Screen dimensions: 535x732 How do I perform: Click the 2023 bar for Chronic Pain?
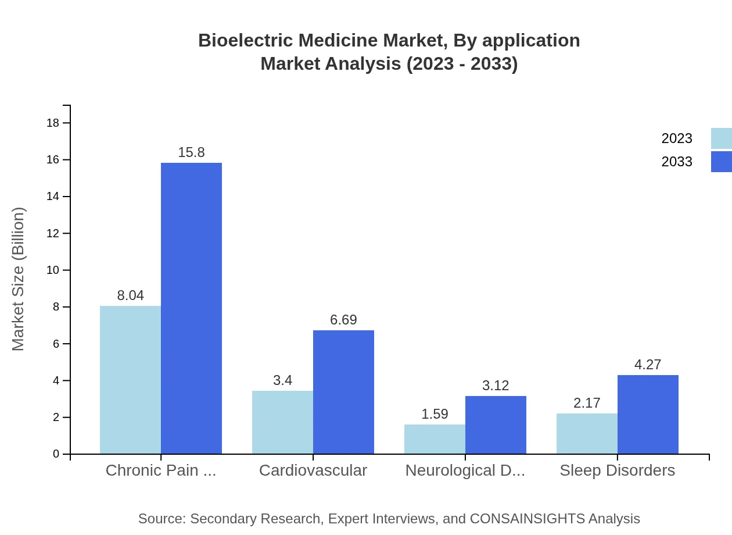(x=130, y=380)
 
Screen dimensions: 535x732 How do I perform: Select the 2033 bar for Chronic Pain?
(x=191, y=308)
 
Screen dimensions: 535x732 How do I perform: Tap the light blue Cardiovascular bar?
(x=282, y=422)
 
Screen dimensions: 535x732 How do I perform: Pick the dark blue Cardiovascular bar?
(x=343, y=392)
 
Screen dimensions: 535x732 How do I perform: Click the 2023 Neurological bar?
(x=435, y=439)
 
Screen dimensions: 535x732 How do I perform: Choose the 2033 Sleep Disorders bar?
(x=648, y=414)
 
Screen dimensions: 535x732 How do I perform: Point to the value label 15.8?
(x=191, y=152)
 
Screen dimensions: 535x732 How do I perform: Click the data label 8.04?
(x=130, y=295)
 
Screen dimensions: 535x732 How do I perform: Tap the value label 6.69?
(x=343, y=320)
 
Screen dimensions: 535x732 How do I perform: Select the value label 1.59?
(x=435, y=414)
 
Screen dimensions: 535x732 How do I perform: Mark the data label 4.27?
(x=648, y=365)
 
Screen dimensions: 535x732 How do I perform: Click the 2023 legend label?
(x=677, y=138)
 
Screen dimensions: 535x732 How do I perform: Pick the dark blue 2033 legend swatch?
(x=722, y=162)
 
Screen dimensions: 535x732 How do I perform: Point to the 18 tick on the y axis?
(x=52, y=123)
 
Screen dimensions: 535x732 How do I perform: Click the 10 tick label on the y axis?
(x=52, y=270)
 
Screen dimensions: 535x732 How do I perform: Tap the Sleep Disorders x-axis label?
(x=617, y=470)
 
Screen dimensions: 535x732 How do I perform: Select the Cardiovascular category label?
(x=313, y=470)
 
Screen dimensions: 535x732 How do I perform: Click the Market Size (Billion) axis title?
(x=19, y=279)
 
